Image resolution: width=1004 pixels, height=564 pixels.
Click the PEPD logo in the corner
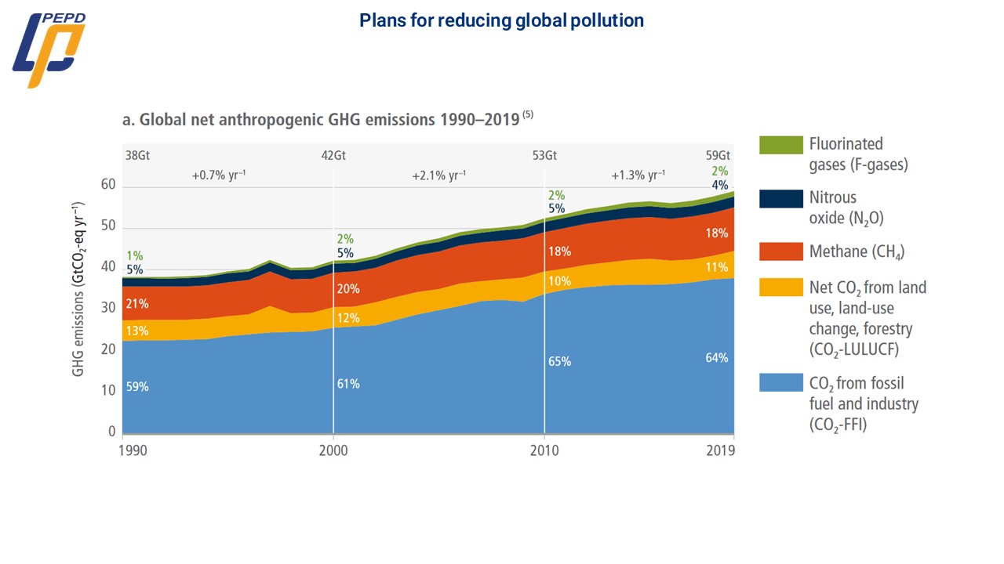[48, 49]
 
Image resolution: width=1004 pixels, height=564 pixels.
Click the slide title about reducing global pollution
[501, 21]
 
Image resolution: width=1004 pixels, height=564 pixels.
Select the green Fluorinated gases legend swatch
[780, 145]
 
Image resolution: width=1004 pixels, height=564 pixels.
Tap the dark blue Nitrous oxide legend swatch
[780, 198]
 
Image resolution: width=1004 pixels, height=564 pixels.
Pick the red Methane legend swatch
[780, 251]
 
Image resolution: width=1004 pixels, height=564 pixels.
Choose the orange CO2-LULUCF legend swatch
[780, 287]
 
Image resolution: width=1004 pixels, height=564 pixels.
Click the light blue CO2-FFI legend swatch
[780, 383]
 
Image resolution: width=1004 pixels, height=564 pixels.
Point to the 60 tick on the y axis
[107, 186]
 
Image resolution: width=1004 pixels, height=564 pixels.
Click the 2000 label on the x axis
[333, 450]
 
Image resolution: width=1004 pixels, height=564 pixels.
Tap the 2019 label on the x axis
[721, 450]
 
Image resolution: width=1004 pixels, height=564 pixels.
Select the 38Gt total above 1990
[136, 155]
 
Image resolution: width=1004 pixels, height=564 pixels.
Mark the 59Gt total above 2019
[718, 155]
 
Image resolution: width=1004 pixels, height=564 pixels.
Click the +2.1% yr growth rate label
[439, 176]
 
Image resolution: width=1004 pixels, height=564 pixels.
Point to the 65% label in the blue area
[560, 362]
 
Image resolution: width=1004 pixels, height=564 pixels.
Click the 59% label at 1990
[136, 387]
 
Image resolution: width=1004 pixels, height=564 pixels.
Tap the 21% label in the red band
[136, 304]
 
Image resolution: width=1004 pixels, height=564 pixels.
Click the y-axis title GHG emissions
[79, 289]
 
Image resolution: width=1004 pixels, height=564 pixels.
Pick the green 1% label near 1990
[134, 256]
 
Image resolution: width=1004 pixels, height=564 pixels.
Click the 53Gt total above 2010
[544, 155]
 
